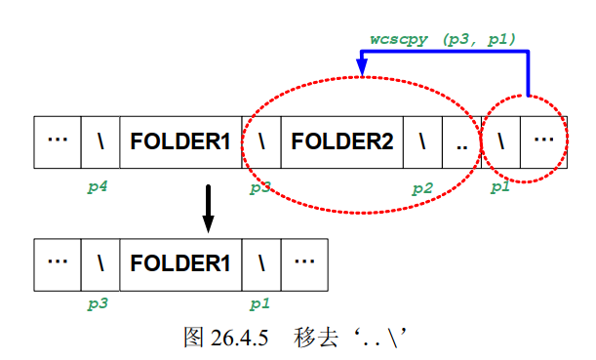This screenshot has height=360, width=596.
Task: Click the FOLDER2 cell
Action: point(341,142)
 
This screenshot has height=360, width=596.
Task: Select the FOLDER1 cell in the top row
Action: point(180,142)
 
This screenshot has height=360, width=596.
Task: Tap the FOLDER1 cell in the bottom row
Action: point(180,262)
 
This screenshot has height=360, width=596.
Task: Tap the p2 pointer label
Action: point(421,187)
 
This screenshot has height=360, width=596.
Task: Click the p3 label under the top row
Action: point(259,187)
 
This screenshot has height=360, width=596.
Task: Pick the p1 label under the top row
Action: point(499,187)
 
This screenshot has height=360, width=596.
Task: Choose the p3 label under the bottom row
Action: point(97,303)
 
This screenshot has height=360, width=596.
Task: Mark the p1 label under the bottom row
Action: point(258,303)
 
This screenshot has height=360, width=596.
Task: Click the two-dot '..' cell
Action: point(462,142)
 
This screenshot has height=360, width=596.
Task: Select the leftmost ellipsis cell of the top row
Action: point(58,142)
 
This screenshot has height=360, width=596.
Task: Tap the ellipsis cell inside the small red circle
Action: point(543,142)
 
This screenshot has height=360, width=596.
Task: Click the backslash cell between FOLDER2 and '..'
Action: point(422,142)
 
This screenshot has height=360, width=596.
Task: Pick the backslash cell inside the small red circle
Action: point(501,142)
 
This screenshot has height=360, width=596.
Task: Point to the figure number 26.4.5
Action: point(237,338)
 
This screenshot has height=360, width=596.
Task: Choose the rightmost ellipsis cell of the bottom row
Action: point(304,262)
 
